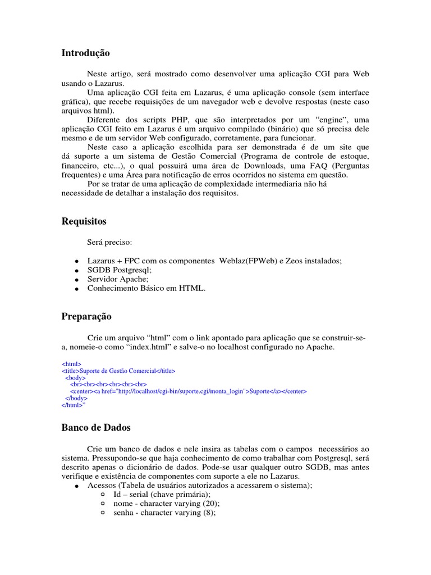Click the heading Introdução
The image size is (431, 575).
(85, 53)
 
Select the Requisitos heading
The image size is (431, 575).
(84, 221)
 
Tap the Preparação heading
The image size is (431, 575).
(86, 317)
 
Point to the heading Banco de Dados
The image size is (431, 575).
(95, 428)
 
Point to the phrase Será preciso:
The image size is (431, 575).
(109, 242)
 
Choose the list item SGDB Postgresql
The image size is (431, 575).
(120, 270)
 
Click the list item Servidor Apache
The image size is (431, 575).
(118, 279)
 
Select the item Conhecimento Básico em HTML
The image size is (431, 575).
(146, 288)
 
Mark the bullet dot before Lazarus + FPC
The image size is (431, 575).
(75, 262)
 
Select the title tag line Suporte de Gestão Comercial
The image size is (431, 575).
(118, 371)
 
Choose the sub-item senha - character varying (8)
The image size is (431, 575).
(164, 513)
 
